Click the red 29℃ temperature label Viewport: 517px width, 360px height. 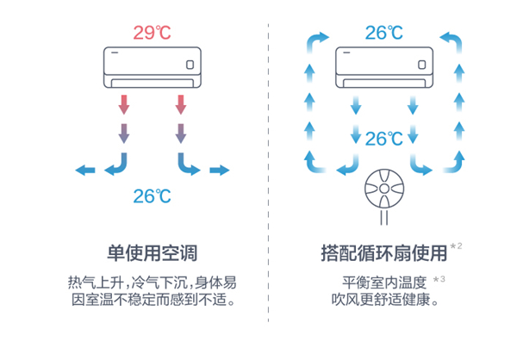click(x=152, y=34)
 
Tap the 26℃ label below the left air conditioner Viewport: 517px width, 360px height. click(x=152, y=196)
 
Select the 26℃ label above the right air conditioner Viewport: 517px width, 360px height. click(x=383, y=34)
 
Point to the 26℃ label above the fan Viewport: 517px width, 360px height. click(x=383, y=138)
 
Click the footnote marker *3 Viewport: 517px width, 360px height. click(x=439, y=279)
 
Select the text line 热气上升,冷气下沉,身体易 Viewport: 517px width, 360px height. click(x=152, y=282)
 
